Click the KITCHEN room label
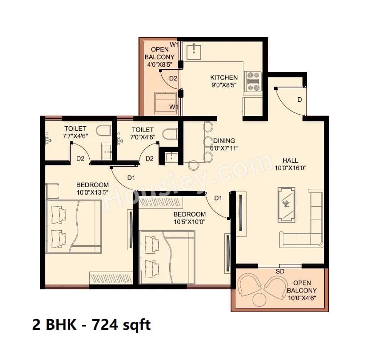click(224, 77)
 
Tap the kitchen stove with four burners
click(253, 81)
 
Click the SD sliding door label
click(280, 271)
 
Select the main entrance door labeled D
click(291, 100)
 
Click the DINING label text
click(224, 140)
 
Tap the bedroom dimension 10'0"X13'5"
click(92, 192)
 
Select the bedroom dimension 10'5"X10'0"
click(190, 221)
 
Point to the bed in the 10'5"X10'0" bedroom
click(167, 256)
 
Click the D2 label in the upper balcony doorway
click(173, 78)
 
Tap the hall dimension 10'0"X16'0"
click(291, 168)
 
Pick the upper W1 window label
click(174, 45)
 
